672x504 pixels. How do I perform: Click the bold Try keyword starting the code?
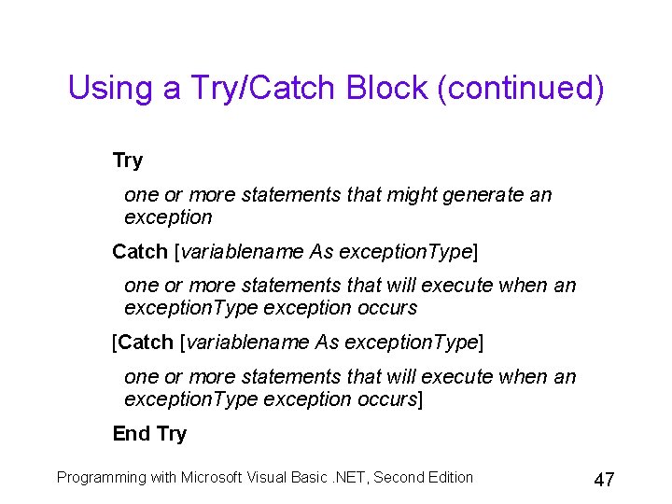coord(128,161)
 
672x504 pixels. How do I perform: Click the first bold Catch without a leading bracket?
coord(141,252)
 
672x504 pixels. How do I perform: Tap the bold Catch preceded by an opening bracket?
coord(147,343)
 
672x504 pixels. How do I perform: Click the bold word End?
coord(132,434)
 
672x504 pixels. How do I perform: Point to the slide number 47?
coord(604,480)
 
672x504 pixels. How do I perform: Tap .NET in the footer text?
coord(346,478)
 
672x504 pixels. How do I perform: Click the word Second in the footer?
coord(396,478)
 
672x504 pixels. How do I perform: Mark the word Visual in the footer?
coord(270,478)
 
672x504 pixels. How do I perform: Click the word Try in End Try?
coord(172,434)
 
